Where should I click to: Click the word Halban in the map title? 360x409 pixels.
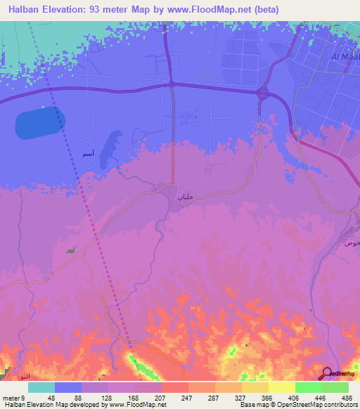pyautogui.click(x=29, y=10)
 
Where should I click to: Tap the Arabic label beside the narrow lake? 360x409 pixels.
pyautogui.click(x=87, y=154)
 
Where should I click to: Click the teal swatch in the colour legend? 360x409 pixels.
pyautogui.click(x=41, y=387)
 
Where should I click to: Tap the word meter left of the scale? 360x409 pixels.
pyautogui.click(x=11, y=398)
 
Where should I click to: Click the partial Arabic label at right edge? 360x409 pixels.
pyautogui.click(x=352, y=242)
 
